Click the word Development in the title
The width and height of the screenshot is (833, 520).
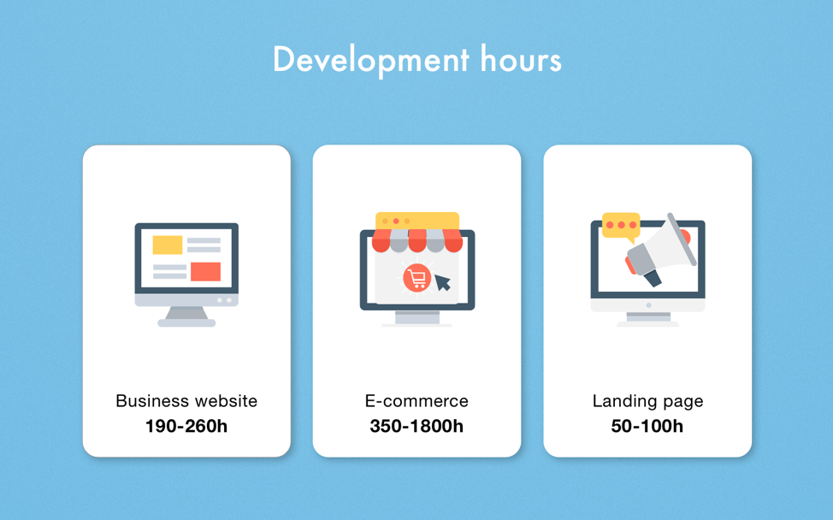370,60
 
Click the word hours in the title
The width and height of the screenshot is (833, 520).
521,60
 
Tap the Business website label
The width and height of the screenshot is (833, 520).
186,401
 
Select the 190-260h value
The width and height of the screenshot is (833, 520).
186,426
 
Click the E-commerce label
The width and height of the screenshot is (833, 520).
416,401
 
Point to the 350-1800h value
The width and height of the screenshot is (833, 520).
416,426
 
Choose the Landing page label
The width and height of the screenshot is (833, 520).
647,401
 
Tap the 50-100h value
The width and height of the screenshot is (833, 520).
647,426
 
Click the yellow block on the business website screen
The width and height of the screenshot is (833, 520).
168,245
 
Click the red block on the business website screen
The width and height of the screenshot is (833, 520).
205,271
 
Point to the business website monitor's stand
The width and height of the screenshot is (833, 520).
186,316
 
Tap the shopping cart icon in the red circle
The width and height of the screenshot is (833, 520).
416,278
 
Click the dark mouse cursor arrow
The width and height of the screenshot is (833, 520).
442,282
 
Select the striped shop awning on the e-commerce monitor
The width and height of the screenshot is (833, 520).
417,240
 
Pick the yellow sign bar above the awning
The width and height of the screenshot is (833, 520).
417,221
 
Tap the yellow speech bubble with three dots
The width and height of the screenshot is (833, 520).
621,225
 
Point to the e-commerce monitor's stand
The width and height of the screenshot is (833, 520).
416,318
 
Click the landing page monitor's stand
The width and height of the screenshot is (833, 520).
648,318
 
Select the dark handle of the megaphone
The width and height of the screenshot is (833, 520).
653,276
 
